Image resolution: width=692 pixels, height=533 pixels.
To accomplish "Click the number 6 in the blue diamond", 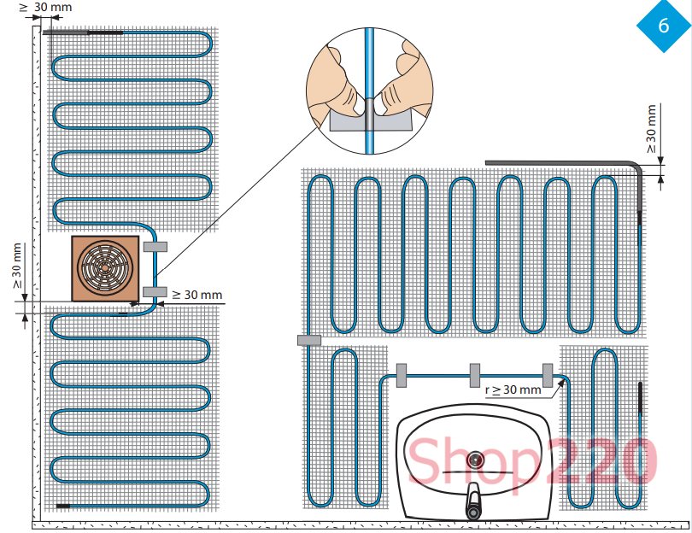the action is pyautogui.click(x=664, y=26).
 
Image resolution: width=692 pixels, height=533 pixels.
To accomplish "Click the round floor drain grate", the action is pyautogui.click(x=104, y=267).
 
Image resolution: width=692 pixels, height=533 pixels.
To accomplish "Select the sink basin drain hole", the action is pyautogui.click(x=475, y=460).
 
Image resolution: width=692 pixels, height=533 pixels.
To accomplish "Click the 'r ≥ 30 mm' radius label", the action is pyautogui.click(x=513, y=389).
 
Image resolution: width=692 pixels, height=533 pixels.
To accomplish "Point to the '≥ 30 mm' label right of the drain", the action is pyautogui.click(x=196, y=295).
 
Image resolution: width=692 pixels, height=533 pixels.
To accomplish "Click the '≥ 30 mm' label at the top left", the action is pyautogui.click(x=46, y=7).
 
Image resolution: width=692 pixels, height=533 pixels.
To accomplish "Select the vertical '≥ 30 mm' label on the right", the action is pyautogui.click(x=651, y=129).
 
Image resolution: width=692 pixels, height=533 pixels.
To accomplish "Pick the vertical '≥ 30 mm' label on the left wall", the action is pyautogui.click(x=17, y=266).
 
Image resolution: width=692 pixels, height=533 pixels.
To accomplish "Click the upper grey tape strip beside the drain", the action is pyautogui.click(x=155, y=247).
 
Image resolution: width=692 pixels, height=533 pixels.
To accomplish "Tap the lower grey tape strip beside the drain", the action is pyautogui.click(x=155, y=291).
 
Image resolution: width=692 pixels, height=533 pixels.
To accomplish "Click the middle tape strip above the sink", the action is pyautogui.click(x=475, y=376).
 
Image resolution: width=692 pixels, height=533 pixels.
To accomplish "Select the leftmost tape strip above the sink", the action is pyautogui.click(x=402, y=376).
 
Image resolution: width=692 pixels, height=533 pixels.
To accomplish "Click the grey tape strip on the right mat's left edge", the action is pyautogui.click(x=309, y=340).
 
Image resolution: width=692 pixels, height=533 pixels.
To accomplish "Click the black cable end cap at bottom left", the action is pyautogui.click(x=63, y=506).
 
